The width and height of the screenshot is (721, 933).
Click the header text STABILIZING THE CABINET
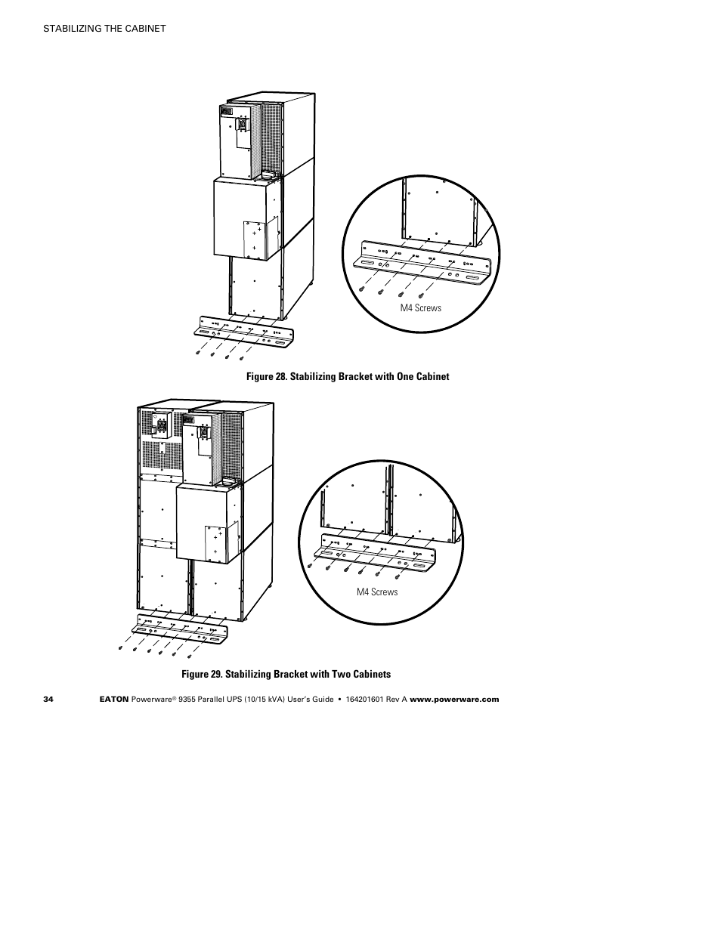tap(104, 29)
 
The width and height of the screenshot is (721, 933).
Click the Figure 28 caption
tap(347, 376)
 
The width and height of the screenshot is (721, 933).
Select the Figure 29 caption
tap(285, 674)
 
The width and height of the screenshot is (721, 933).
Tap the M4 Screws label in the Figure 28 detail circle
tap(421, 307)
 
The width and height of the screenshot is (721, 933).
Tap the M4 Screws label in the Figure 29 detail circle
tap(377, 592)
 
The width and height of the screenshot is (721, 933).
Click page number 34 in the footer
tap(48, 699)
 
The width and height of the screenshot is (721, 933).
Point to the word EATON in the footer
tap(114, 699)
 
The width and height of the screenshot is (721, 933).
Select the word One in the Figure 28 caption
tap(403, 376)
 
